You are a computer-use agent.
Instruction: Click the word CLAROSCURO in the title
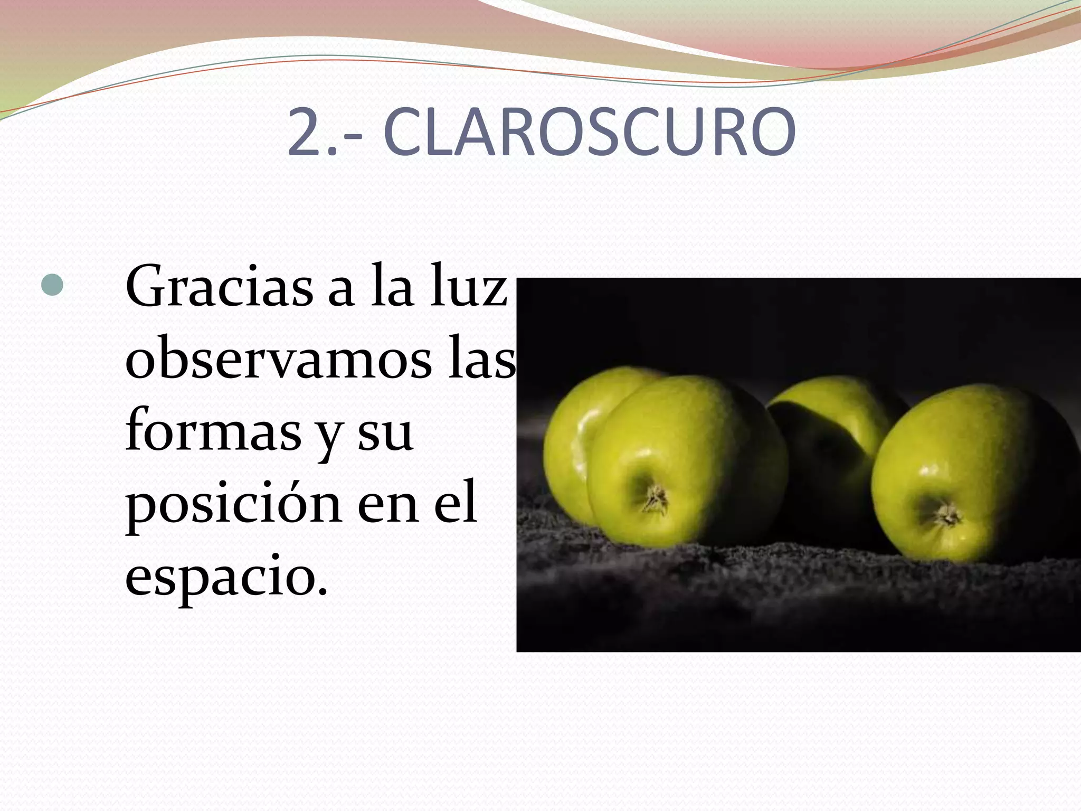pos(590,133)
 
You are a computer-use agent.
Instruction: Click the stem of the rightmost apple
pos(947,513)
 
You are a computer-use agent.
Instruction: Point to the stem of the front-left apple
pos(656,498)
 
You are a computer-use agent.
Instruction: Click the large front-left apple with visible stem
pos(686,465)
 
